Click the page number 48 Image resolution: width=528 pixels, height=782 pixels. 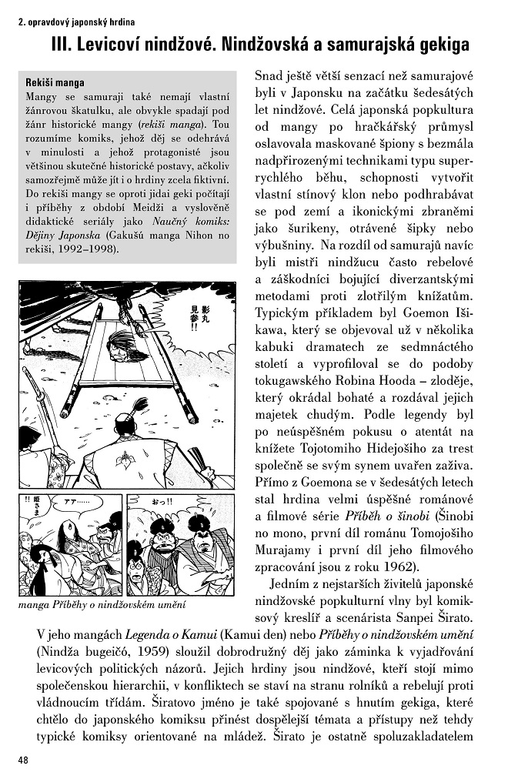(x=22, y=760)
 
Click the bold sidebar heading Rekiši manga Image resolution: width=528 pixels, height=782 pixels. (x=55, y=82)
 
